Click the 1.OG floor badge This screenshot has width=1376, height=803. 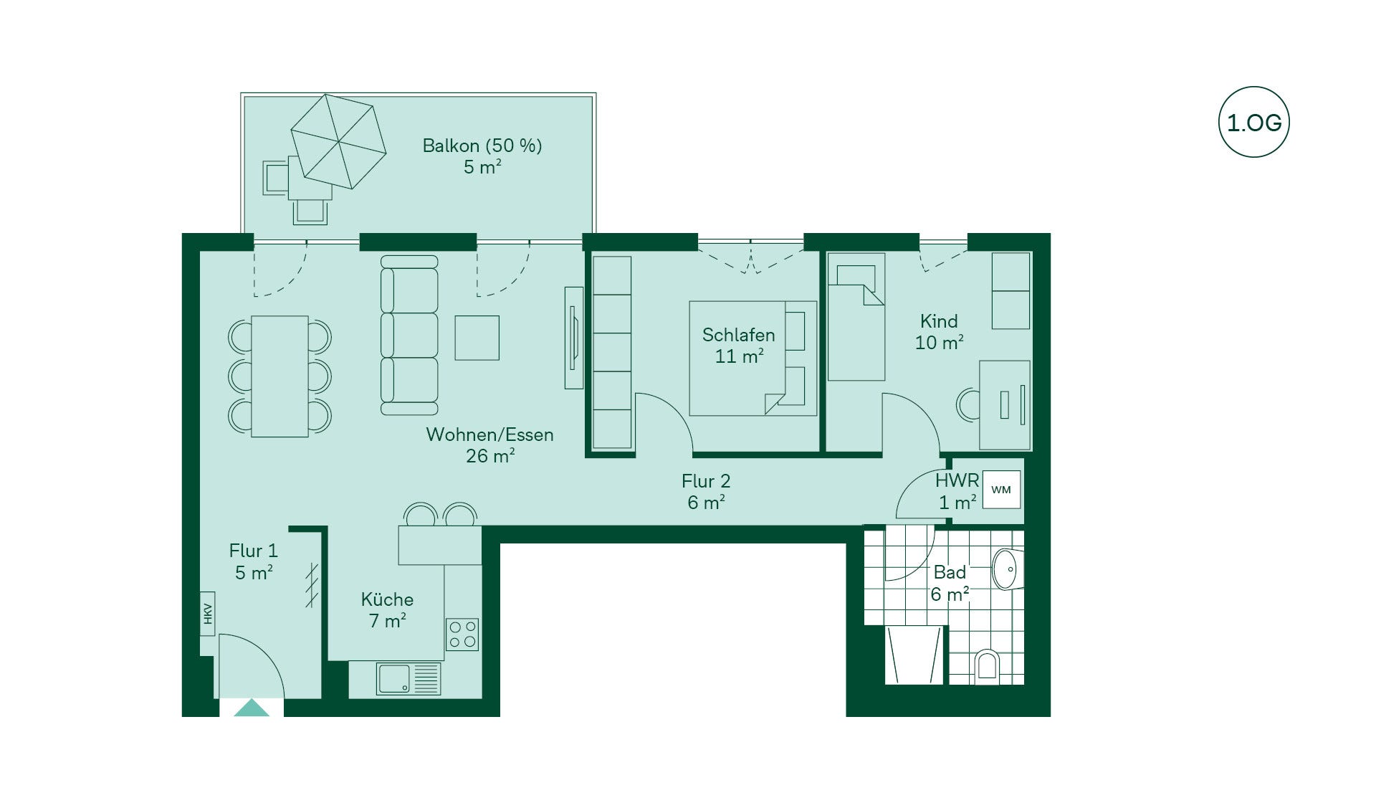coord(1253,122)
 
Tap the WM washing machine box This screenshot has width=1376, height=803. coord(1001,490)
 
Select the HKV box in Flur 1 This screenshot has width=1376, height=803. coord(208,614)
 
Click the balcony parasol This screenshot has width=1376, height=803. coord(338,141)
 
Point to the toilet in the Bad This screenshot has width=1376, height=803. coord(987,666)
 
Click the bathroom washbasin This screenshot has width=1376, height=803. coord(1006,569)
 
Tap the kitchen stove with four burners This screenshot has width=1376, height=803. coord(462,635)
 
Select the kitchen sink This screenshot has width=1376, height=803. coord(408,678)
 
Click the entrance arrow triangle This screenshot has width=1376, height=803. coord(252,708)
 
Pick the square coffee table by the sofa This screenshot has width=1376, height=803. coord(477,338)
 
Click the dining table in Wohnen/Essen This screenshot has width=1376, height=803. coord(279,376)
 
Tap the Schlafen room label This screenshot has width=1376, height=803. coord(738,335)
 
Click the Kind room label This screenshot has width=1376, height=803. coord(939,321)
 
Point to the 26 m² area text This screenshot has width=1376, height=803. coord(490,456)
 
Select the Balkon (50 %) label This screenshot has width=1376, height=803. coord(482,146)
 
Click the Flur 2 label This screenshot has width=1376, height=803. coord(706,481)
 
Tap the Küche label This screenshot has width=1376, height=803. coord(387,599)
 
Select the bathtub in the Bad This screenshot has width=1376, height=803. coord(914,655)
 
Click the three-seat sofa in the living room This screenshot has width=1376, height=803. coord(408,336)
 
